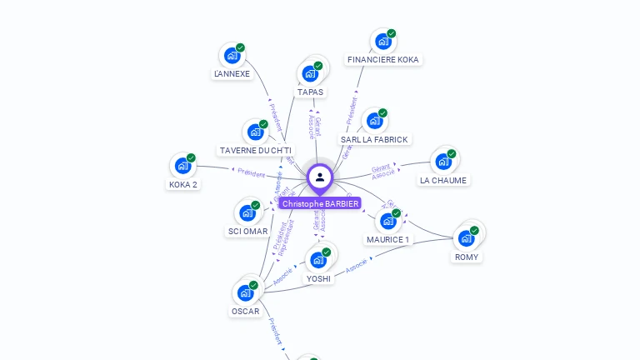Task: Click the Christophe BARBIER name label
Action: [320, 203]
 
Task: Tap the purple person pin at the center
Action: [320, 177]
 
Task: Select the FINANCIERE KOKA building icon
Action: [382, 41]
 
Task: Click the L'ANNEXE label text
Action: [232, 74]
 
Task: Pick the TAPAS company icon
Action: [310, 73]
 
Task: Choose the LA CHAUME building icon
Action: [442, 161]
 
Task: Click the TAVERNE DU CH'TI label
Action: [255, 151]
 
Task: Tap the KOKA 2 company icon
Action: [182, 165]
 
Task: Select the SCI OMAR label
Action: [247, 232]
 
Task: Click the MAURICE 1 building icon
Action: [387, 221]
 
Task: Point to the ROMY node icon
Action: [466, 237]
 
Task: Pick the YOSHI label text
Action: [318, 278]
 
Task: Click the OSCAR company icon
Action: [245, 292]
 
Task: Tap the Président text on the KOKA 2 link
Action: [251, 173]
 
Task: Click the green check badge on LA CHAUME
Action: [452, 153]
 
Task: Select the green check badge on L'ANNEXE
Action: [240, 47]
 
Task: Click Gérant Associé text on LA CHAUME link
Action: [383, 172]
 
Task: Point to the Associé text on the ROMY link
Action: [356, 265]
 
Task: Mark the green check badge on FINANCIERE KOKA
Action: [391, 33]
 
